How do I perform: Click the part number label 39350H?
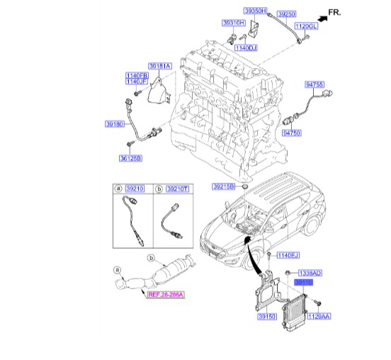click(255, 13)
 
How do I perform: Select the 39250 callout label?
click(286, 13)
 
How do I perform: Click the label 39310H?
click(234, 23)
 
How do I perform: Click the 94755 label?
click(314, 84)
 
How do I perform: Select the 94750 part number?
click(292, 133)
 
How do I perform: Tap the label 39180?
click(115, 123)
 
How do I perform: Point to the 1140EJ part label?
click(289, 254)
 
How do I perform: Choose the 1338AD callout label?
click(310, 273)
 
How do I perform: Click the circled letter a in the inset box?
click(118, 189)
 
